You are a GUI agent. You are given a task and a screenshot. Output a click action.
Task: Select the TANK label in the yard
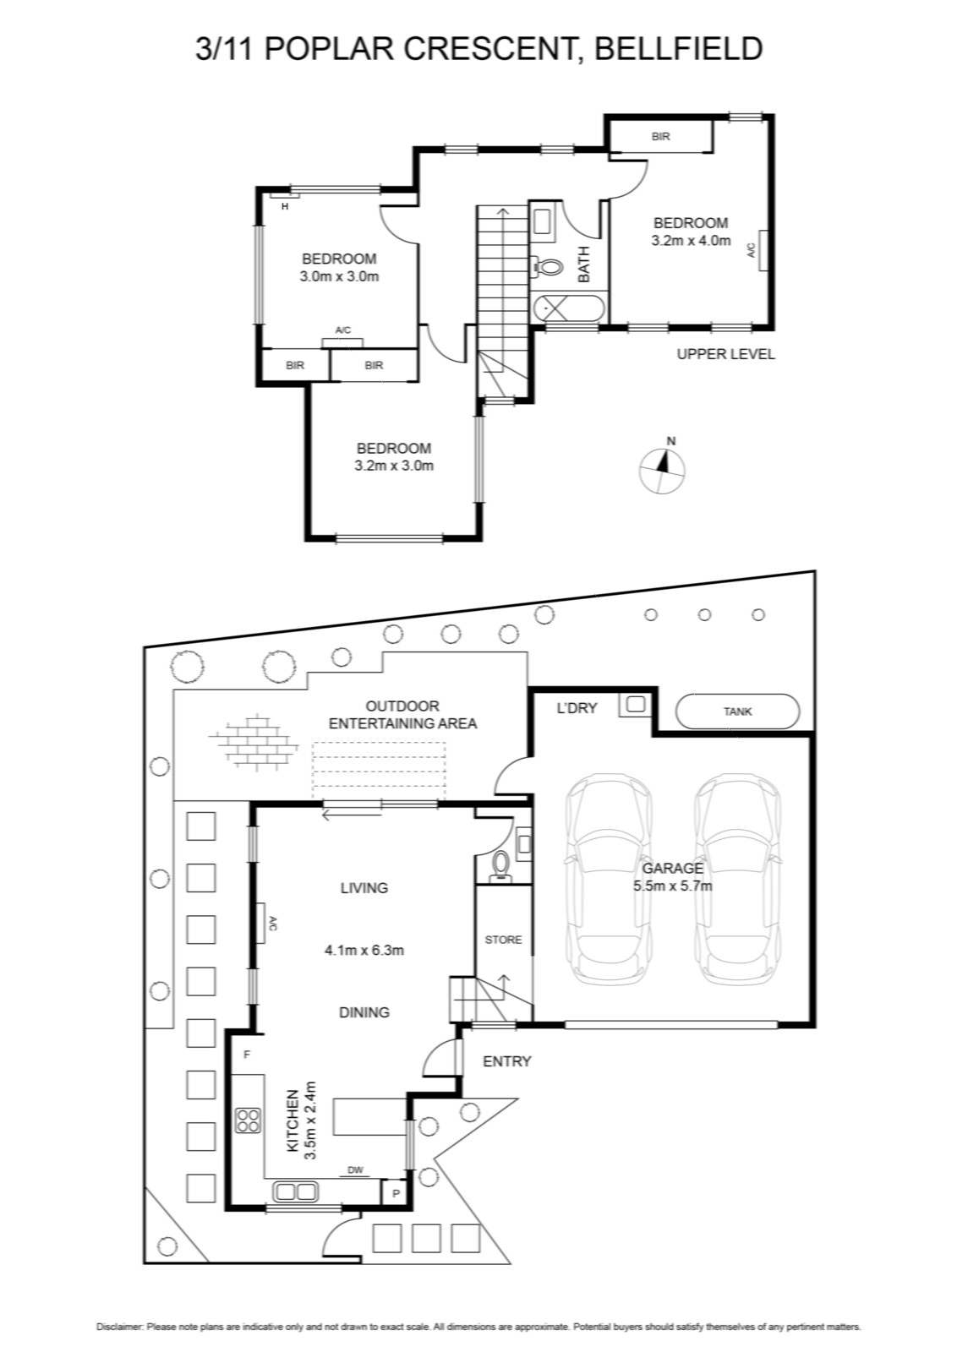(x=737, y=711)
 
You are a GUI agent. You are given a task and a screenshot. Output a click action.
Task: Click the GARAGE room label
(x=672, y=869)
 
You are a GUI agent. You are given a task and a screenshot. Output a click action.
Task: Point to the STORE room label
(x=503, y=940)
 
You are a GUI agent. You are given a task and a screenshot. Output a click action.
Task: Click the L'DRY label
(x=577, y=708)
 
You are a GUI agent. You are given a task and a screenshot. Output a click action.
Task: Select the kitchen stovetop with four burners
(x=249, y=1120)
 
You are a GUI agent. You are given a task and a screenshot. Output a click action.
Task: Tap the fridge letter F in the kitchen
(x=246, y=1055)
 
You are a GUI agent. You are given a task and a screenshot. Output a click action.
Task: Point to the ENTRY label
(x=506, y=1061)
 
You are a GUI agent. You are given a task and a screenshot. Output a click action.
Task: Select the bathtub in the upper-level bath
(x=569, y=308)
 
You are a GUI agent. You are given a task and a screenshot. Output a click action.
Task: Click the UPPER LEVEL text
(x=725, y=354)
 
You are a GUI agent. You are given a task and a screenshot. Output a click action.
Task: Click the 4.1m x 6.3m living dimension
(x=364, y=950)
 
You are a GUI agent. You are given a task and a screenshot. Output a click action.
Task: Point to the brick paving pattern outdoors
(x=254, y=743)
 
